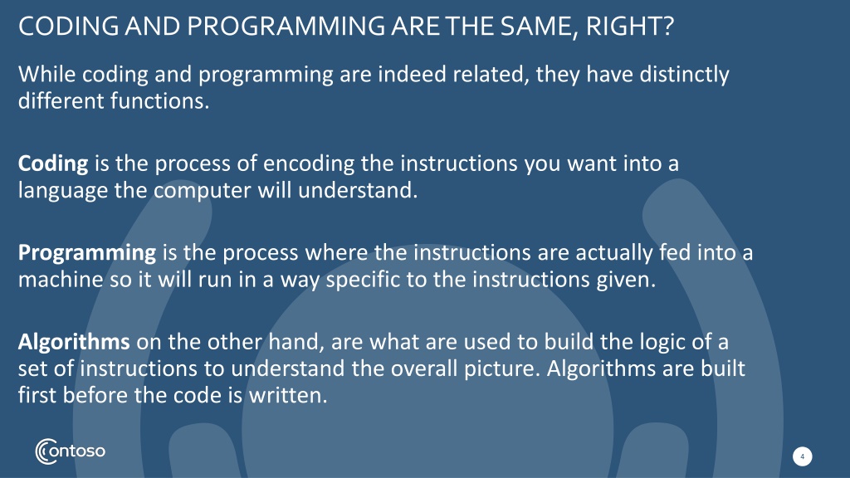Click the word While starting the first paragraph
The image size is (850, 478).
tap(46, 74)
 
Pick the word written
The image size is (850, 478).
tap(288, 395)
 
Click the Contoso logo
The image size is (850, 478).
tap(71, 451)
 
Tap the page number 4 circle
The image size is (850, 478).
tap(803, 456)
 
